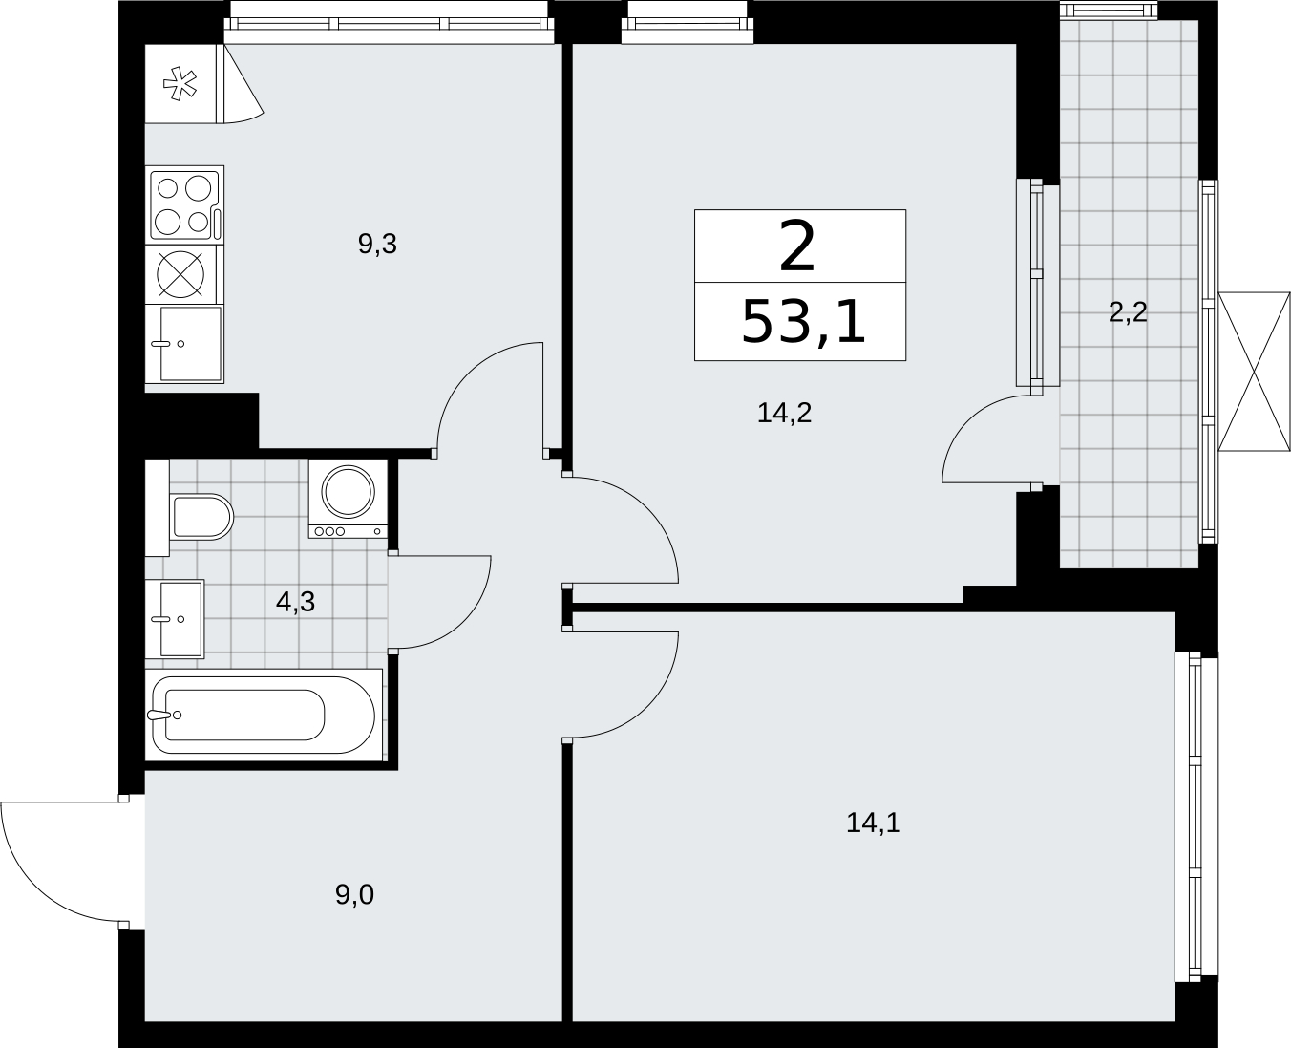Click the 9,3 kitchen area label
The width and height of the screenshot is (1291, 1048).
pyautogui.click(x=377, y=244)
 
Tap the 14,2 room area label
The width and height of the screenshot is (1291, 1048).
pyautogui.click(x=784, y=413)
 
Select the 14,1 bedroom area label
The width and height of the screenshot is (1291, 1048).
pyautogui.click(x=874, y=823)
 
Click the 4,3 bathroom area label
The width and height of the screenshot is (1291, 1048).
pyautogui.click(x=295, y=602)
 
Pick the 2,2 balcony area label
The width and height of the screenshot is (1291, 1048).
pyautogui.click(x=1128, y=313)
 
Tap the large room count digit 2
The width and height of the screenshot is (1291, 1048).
pyautogui.click(x=797, y=246)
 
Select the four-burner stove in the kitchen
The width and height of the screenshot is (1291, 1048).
pyautogui.click(x=184, y=205)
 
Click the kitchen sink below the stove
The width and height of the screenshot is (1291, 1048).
pyautogui.click(x=184, y=345)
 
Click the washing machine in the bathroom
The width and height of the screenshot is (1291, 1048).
pyautogui.click(x=348, y=499)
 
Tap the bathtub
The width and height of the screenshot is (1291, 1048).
pyautogui.click(x=264, y=715)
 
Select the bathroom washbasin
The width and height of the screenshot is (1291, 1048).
pyautogui.click(x=175, y=619)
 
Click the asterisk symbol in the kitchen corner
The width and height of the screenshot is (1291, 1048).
pyautogui.click(x=180, y=84)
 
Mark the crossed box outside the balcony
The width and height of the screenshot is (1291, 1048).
pyautogui.click(x=1254, y=372)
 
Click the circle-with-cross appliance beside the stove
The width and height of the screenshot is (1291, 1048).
pyautogui.click(x=180, y=275)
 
